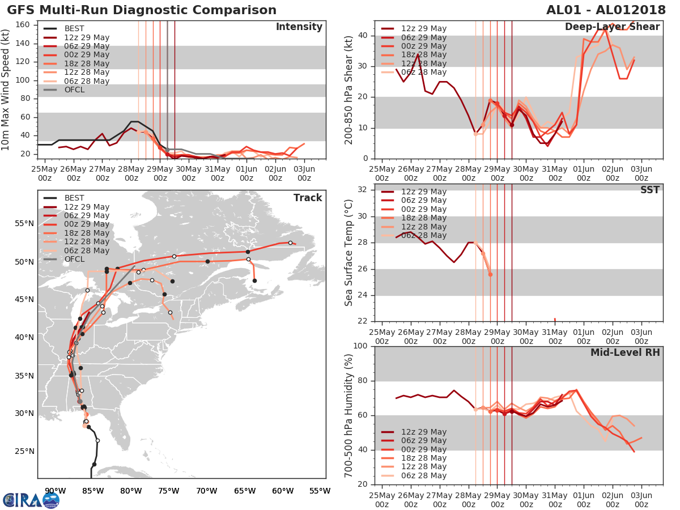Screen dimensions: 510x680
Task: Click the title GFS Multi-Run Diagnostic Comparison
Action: point(142,10)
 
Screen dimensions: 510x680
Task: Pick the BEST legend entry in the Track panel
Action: point(74,198)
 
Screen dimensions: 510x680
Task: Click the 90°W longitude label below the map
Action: point(55,491)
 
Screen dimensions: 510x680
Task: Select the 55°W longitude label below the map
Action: point(320,491)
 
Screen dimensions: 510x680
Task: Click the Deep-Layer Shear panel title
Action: point(612,27)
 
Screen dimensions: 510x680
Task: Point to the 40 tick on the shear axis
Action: point(364,36)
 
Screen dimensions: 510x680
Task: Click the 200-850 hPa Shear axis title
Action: point(350,90)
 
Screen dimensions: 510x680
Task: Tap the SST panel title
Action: point(649,190)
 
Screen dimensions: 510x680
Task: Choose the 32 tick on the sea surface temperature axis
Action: point(364,189)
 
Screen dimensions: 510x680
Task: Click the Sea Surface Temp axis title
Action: point(350,252)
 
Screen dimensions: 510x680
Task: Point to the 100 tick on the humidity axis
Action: point(361,346)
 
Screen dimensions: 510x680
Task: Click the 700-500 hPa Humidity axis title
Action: point(350,415)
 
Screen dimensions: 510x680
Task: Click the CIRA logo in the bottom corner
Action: point(31,500)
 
